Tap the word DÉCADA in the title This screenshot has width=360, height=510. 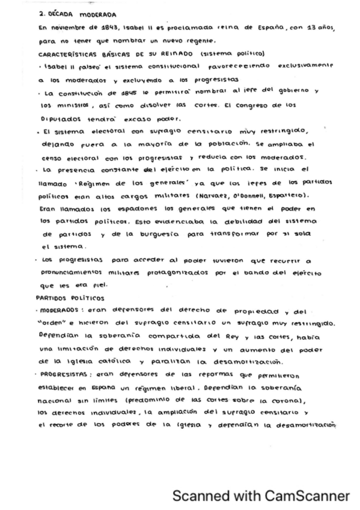pyautogui.click(x=59, y=12)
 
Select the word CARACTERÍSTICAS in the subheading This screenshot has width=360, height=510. pyautogui.click(x=68, y=54)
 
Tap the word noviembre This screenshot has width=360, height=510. pyautogui.click(x=69, y=28)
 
